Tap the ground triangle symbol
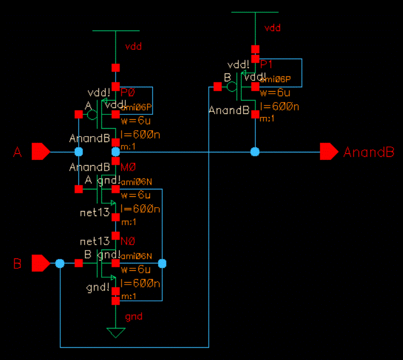[116, 333]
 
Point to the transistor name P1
[267, 64]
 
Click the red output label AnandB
[369, 152]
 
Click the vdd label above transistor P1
[272, 28]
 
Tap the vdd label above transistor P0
[134, 47]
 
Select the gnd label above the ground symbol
[133, 316]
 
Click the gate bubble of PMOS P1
[232, 87]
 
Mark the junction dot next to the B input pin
[60, 264]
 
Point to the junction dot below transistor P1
[255, 151]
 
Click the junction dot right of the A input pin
[78, 151]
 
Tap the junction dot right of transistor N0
[162, 264]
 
